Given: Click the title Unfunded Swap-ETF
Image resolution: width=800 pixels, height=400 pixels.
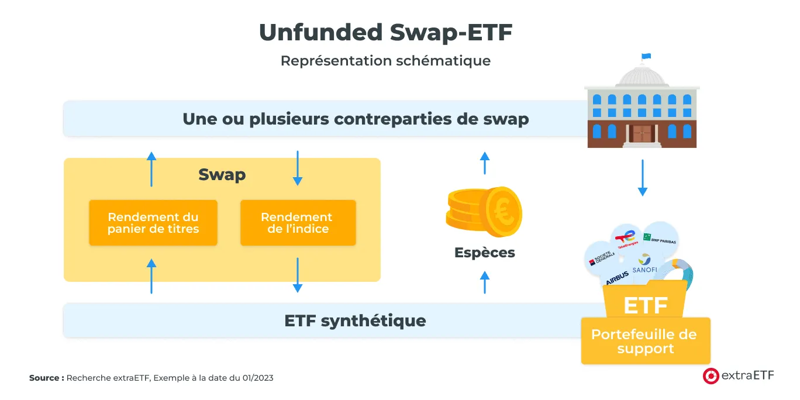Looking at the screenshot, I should coord(385,33).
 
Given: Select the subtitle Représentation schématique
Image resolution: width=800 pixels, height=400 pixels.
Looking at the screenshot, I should coord(385,61).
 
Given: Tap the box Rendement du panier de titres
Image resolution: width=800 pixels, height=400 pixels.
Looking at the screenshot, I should coord(153,223).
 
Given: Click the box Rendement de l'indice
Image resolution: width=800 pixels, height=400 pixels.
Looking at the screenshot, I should coord(298,223).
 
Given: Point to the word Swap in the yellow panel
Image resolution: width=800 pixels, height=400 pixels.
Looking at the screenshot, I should coord(222,174).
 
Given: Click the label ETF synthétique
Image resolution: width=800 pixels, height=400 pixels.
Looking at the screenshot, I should coord(355,320).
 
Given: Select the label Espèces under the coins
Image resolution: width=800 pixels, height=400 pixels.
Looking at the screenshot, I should coord(484,253).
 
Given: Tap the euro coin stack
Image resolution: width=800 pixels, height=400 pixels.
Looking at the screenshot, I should coord(484,211).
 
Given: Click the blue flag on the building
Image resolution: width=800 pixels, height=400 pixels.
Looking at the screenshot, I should coord(646,57).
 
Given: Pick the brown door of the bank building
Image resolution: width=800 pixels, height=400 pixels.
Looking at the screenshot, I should coord(642,133).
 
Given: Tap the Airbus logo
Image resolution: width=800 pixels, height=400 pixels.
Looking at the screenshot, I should coord(617,278).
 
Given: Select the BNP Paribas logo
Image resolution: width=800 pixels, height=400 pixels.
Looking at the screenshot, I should coord(659,238).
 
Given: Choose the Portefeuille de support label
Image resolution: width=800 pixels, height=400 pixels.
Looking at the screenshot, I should coord(644,342).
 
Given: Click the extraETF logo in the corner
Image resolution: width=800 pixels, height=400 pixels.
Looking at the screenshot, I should coord(737,376).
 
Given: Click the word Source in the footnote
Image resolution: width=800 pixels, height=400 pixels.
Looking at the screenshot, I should coord(46,378).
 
